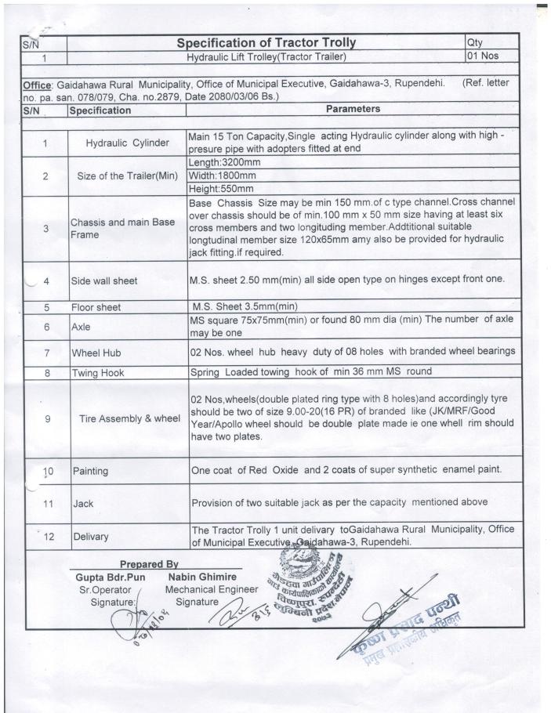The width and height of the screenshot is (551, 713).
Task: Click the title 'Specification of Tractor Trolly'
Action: coord(266,42)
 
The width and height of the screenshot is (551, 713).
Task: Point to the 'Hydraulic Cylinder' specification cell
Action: coord(127,143)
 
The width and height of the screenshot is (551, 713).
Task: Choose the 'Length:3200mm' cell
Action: coord(225,161)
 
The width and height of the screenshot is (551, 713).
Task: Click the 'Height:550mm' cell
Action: coord(223,189)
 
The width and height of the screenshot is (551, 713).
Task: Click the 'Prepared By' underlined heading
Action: coord(149,564)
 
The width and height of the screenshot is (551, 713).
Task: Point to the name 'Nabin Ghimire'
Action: coord(201,577)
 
